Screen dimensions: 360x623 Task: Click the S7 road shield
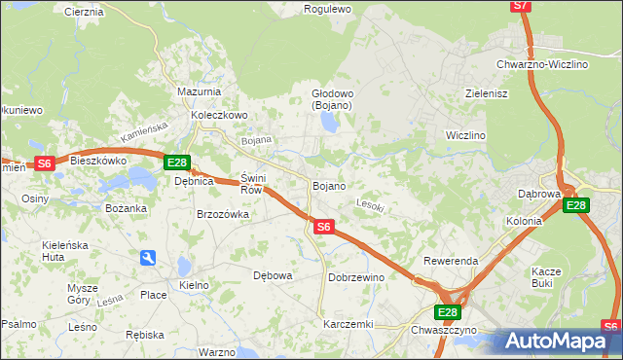(x=522, y=6)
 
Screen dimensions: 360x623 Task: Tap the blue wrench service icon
(x=147, y=258)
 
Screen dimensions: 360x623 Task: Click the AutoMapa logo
(x=555, y=341)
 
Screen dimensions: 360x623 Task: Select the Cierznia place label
(x=83, y=12)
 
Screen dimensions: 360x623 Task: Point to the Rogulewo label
(x=326, y=9)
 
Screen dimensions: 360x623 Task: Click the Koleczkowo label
(x=220, y=114)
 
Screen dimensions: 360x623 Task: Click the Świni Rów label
(x=252, y=184)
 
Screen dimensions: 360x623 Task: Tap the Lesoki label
(x=371, y=205)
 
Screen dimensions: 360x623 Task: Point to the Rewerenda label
(x=451, y=262)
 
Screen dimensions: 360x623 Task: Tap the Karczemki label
(x=348, y=323)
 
